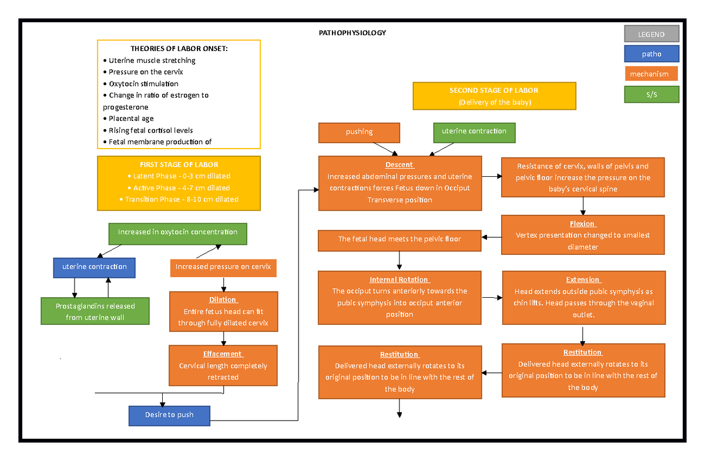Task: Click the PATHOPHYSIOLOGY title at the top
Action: click(352, 33)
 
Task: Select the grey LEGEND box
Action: click(651, 35)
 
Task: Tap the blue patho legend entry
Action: click(651, 54)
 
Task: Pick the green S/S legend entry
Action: click(651, 95)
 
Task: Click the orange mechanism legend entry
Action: click(649, 74)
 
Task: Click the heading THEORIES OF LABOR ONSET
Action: click(179, 49)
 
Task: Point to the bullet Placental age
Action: click(131, 119)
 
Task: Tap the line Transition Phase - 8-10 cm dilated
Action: click(179, 200)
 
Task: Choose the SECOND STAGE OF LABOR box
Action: click(493, 96)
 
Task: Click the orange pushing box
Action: click(359, 132)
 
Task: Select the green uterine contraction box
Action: click(474, 132)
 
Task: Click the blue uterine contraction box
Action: click(95, 267)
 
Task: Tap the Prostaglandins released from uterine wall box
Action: click(95, 311)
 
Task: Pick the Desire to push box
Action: click(169, 415)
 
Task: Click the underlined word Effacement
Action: click(223, 354)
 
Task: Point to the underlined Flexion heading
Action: click(582, 224)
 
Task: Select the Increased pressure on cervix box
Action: click(223, 267)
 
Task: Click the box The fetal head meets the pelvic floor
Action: click(399, 240)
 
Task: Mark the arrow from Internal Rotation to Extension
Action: click(491, 298)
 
